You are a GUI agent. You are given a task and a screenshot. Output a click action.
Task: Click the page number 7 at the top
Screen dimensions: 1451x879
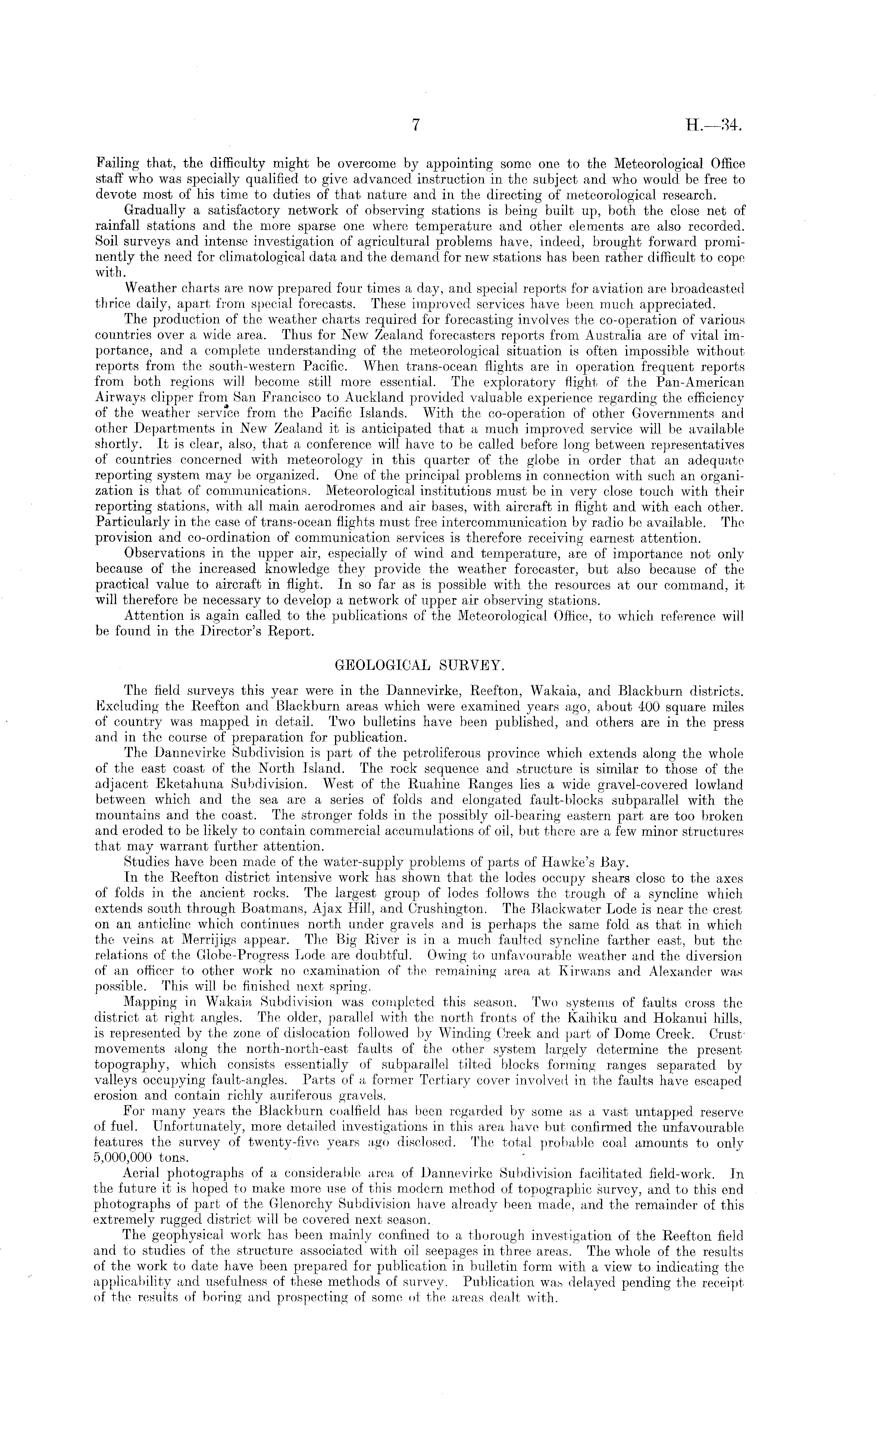point(415,125)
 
